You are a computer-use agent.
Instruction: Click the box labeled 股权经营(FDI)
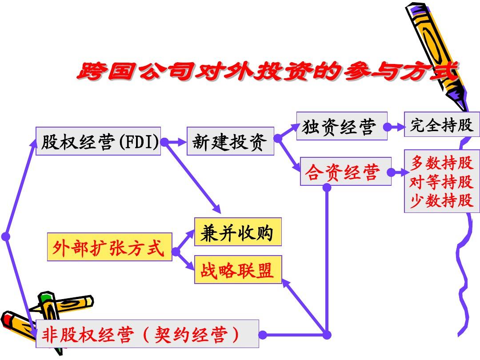(x=98, y=141)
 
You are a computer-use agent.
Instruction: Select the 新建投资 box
(x=230, y=141)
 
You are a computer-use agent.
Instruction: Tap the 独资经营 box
(x=342, y=126)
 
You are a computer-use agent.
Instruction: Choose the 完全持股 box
(x=442, y=124)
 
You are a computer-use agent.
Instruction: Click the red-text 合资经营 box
(x=346, y=172)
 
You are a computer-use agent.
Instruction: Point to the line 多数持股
(x=441, y=163)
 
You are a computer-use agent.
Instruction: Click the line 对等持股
(x=441, y=181)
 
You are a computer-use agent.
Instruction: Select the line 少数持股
(x=441, y=200)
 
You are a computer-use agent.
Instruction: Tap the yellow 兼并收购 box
(x=238, y=232)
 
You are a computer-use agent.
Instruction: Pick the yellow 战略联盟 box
(x=238, y=269)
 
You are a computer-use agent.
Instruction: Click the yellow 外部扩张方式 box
(x=110, y=247)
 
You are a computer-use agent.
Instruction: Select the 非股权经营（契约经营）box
(x=147, y=334)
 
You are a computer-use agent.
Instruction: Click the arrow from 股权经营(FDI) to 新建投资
(x=174, y=142)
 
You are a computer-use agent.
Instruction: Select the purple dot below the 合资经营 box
(x=327, y=188)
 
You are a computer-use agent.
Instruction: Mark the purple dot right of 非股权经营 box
(x=263, y=335)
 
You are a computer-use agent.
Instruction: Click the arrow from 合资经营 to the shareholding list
(x=398, y=172)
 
